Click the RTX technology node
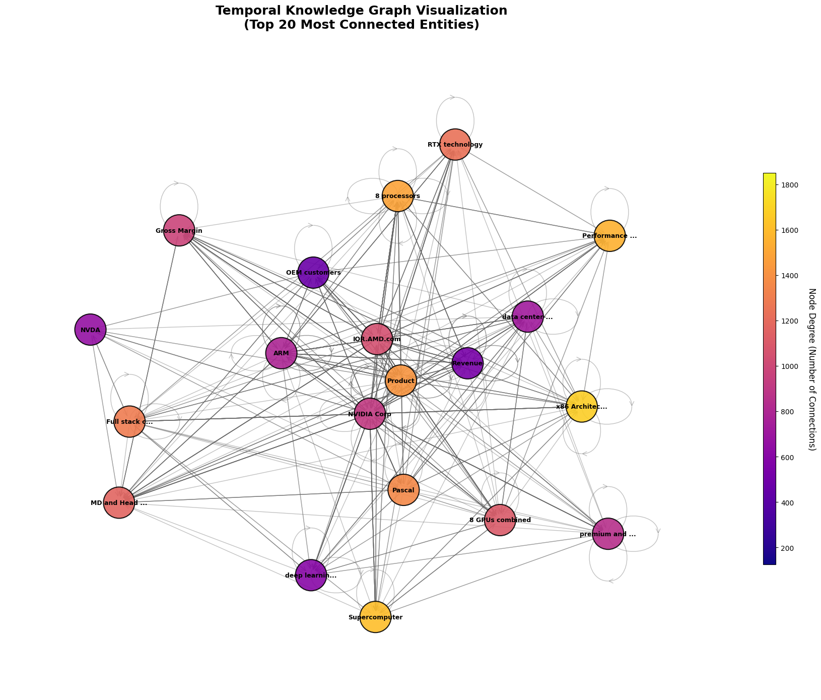pos(455,145)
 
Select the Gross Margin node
pos(179,230)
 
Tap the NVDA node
pos(90,330)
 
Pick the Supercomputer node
pos(375,617)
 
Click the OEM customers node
pos(313,272)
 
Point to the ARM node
pos(281,353)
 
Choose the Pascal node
pos(403,489)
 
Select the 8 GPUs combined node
pos(500,520)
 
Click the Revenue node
pos(467,363)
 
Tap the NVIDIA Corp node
pos(370,414)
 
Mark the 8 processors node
pos(397,196)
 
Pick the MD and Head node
pos(119,502)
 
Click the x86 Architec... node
pos(582,406)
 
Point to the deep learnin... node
pos(311,575)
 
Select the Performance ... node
pos(609,235)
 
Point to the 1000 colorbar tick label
pos(789,366)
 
